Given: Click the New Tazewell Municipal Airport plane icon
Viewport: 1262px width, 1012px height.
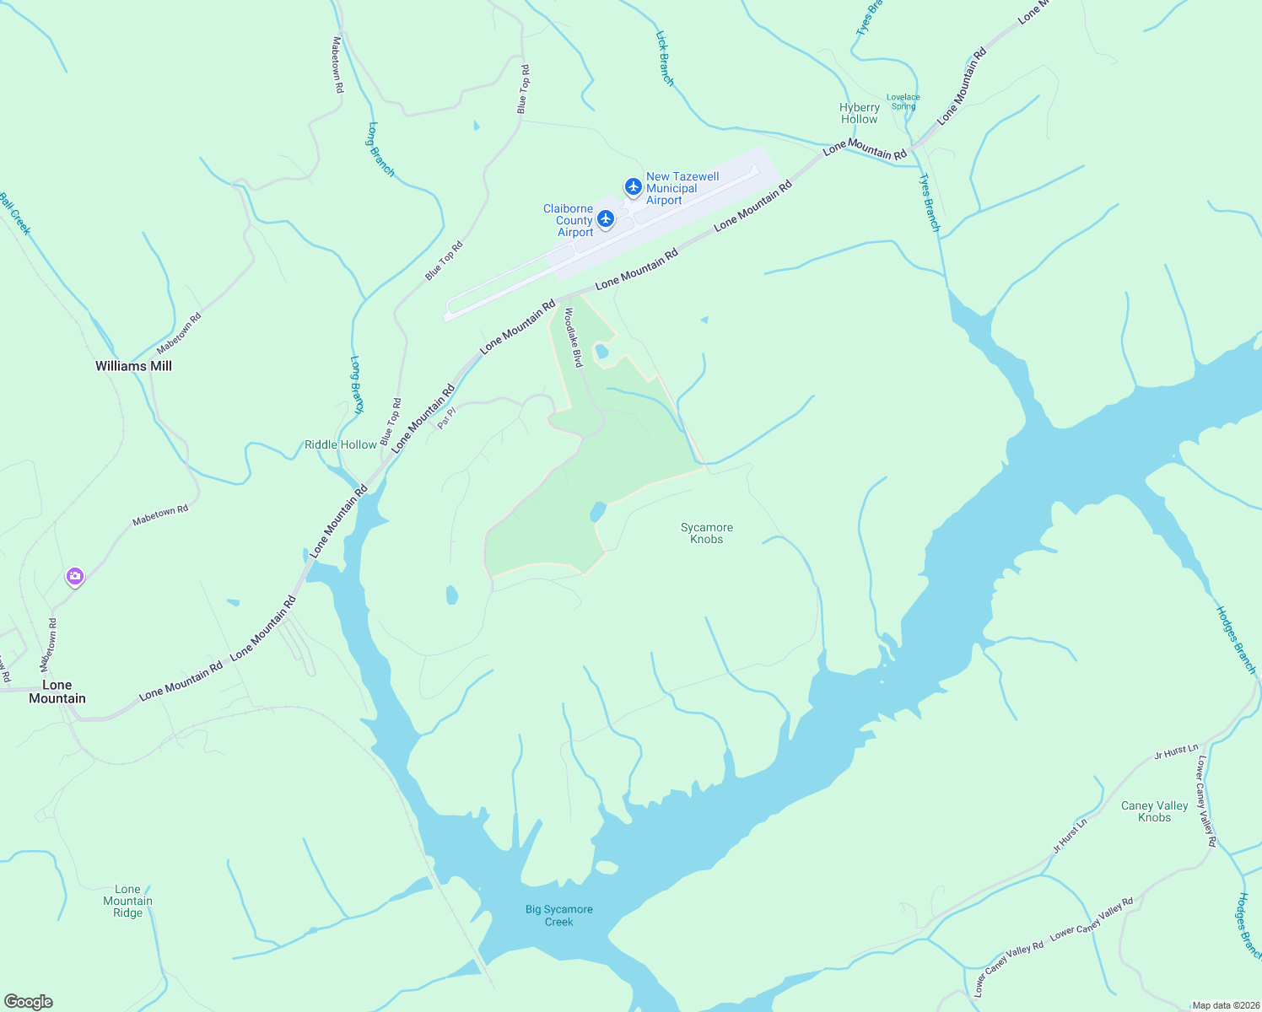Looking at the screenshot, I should tap(633, 186).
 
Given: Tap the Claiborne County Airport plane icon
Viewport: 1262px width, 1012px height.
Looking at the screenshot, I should tap(605, 219).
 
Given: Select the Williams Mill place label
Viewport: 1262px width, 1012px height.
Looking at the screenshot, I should tap(133, 366).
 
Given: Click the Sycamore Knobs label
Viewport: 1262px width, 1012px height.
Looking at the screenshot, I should tap(706, 533).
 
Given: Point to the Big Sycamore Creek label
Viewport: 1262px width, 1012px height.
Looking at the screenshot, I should tap(558, 915).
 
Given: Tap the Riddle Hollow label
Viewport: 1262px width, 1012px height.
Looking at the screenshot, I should tap(340, 444).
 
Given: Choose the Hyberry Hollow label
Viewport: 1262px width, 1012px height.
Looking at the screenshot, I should tap(859, 113).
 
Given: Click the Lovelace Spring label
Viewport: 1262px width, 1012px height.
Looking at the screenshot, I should tap(903, 101).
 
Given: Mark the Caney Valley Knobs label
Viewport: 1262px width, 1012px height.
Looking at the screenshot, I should tap(1154, 811).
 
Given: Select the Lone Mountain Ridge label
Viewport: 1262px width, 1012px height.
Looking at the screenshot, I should tap(127, 901).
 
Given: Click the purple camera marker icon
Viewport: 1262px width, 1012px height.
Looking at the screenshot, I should tap(75, 577).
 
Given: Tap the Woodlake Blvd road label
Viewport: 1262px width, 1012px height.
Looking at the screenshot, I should tap(574, 337).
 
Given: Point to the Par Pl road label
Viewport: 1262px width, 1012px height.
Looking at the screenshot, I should tap(446, 417).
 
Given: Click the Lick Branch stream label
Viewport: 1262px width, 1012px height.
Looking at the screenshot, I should tap(665, 59).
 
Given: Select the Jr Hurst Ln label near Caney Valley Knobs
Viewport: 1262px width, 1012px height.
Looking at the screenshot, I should tap(1176, 751).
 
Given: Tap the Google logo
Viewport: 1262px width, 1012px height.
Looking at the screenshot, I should tap(29, 1002).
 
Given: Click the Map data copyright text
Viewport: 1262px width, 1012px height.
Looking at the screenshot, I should tap(1225, 1005).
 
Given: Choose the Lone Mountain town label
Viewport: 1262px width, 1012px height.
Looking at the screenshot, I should tap(57, 692).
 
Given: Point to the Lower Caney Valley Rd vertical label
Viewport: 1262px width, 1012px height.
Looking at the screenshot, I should tap(1205, 801).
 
